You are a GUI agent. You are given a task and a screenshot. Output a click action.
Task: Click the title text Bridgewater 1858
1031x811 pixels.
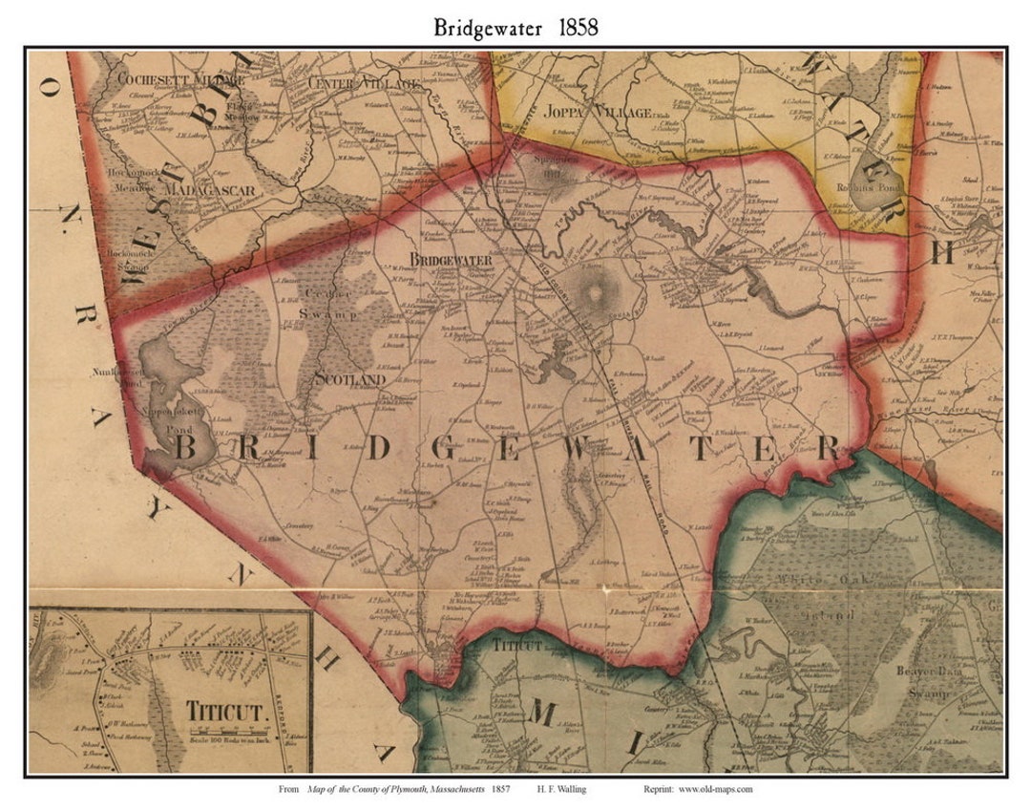pyautogui.click(x=515, y=27)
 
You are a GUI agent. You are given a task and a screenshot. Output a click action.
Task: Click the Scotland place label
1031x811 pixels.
pyautogui.click(x=349, y=379)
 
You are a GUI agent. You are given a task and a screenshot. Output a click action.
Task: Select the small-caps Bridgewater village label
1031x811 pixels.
pyautogui.click(x=451, y=260)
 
